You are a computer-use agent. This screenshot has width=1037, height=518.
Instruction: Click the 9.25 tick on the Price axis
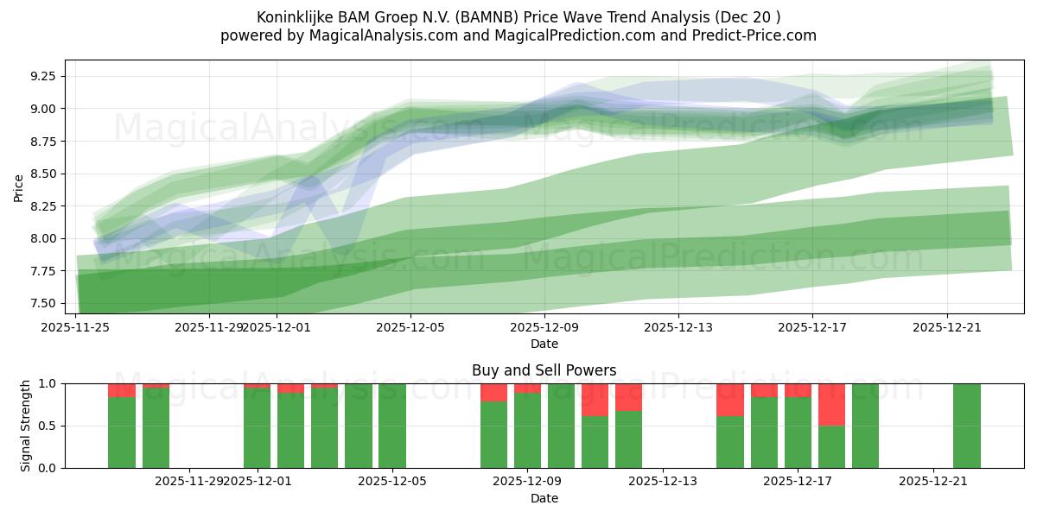[43, 76]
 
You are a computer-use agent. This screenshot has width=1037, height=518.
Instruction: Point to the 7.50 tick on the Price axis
[43, 303]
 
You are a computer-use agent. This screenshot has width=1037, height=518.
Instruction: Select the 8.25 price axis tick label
[43, 206]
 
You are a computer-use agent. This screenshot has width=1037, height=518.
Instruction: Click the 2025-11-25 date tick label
[76, 327]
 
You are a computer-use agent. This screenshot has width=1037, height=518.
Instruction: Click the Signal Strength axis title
[26, 426]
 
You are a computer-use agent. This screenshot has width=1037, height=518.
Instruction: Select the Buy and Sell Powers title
[544, 370]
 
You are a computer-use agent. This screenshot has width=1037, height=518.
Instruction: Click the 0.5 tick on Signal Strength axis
[48, 426]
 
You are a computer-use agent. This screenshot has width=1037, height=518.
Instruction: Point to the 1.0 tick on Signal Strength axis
[48, 383]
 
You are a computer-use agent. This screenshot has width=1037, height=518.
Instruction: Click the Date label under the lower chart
[544, 498]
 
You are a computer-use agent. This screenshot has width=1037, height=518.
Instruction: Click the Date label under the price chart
[544, 344]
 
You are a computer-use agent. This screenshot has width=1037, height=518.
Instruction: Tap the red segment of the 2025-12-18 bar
[831, 404]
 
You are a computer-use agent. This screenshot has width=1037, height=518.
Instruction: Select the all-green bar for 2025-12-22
[966, 426]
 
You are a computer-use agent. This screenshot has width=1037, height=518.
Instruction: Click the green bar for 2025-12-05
[392, 426]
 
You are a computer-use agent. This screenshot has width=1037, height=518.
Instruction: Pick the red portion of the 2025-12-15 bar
[730, 399]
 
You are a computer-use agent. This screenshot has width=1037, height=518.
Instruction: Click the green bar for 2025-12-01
[257, 428]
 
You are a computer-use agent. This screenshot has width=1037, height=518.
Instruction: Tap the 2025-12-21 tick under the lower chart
[933, 482]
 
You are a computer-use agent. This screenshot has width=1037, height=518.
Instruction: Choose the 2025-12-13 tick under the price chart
[678, 327]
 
